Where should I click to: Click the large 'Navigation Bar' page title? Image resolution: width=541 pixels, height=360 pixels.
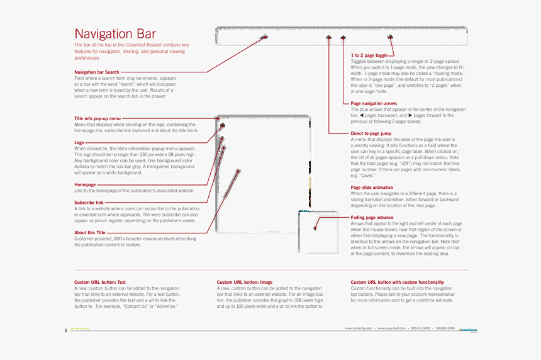115,34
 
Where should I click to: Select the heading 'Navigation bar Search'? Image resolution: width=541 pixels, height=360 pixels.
96,72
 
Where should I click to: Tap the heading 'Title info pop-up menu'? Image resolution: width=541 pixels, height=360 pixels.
98,118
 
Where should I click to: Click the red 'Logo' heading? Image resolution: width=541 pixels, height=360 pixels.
79,143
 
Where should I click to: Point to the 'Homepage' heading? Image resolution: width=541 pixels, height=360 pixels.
85,184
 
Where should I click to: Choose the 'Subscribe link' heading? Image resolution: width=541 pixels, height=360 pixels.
89,203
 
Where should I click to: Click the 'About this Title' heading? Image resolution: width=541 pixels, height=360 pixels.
90,233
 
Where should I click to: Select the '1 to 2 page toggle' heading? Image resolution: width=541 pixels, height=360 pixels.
369,56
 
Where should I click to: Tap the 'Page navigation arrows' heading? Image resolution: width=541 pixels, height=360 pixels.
374,103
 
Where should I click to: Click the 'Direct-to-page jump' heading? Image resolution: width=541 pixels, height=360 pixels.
371,133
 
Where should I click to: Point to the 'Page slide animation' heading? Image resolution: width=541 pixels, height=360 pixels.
372,188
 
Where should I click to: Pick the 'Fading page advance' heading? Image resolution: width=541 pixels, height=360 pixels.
372,218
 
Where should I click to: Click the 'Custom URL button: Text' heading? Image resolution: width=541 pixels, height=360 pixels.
100,282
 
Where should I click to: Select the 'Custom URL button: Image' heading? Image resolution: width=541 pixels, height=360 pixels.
245,282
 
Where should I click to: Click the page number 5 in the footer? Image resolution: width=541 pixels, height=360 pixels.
65,330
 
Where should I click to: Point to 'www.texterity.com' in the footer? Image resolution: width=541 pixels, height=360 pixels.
358,329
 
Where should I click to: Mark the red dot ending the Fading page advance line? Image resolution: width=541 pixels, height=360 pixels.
316,228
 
